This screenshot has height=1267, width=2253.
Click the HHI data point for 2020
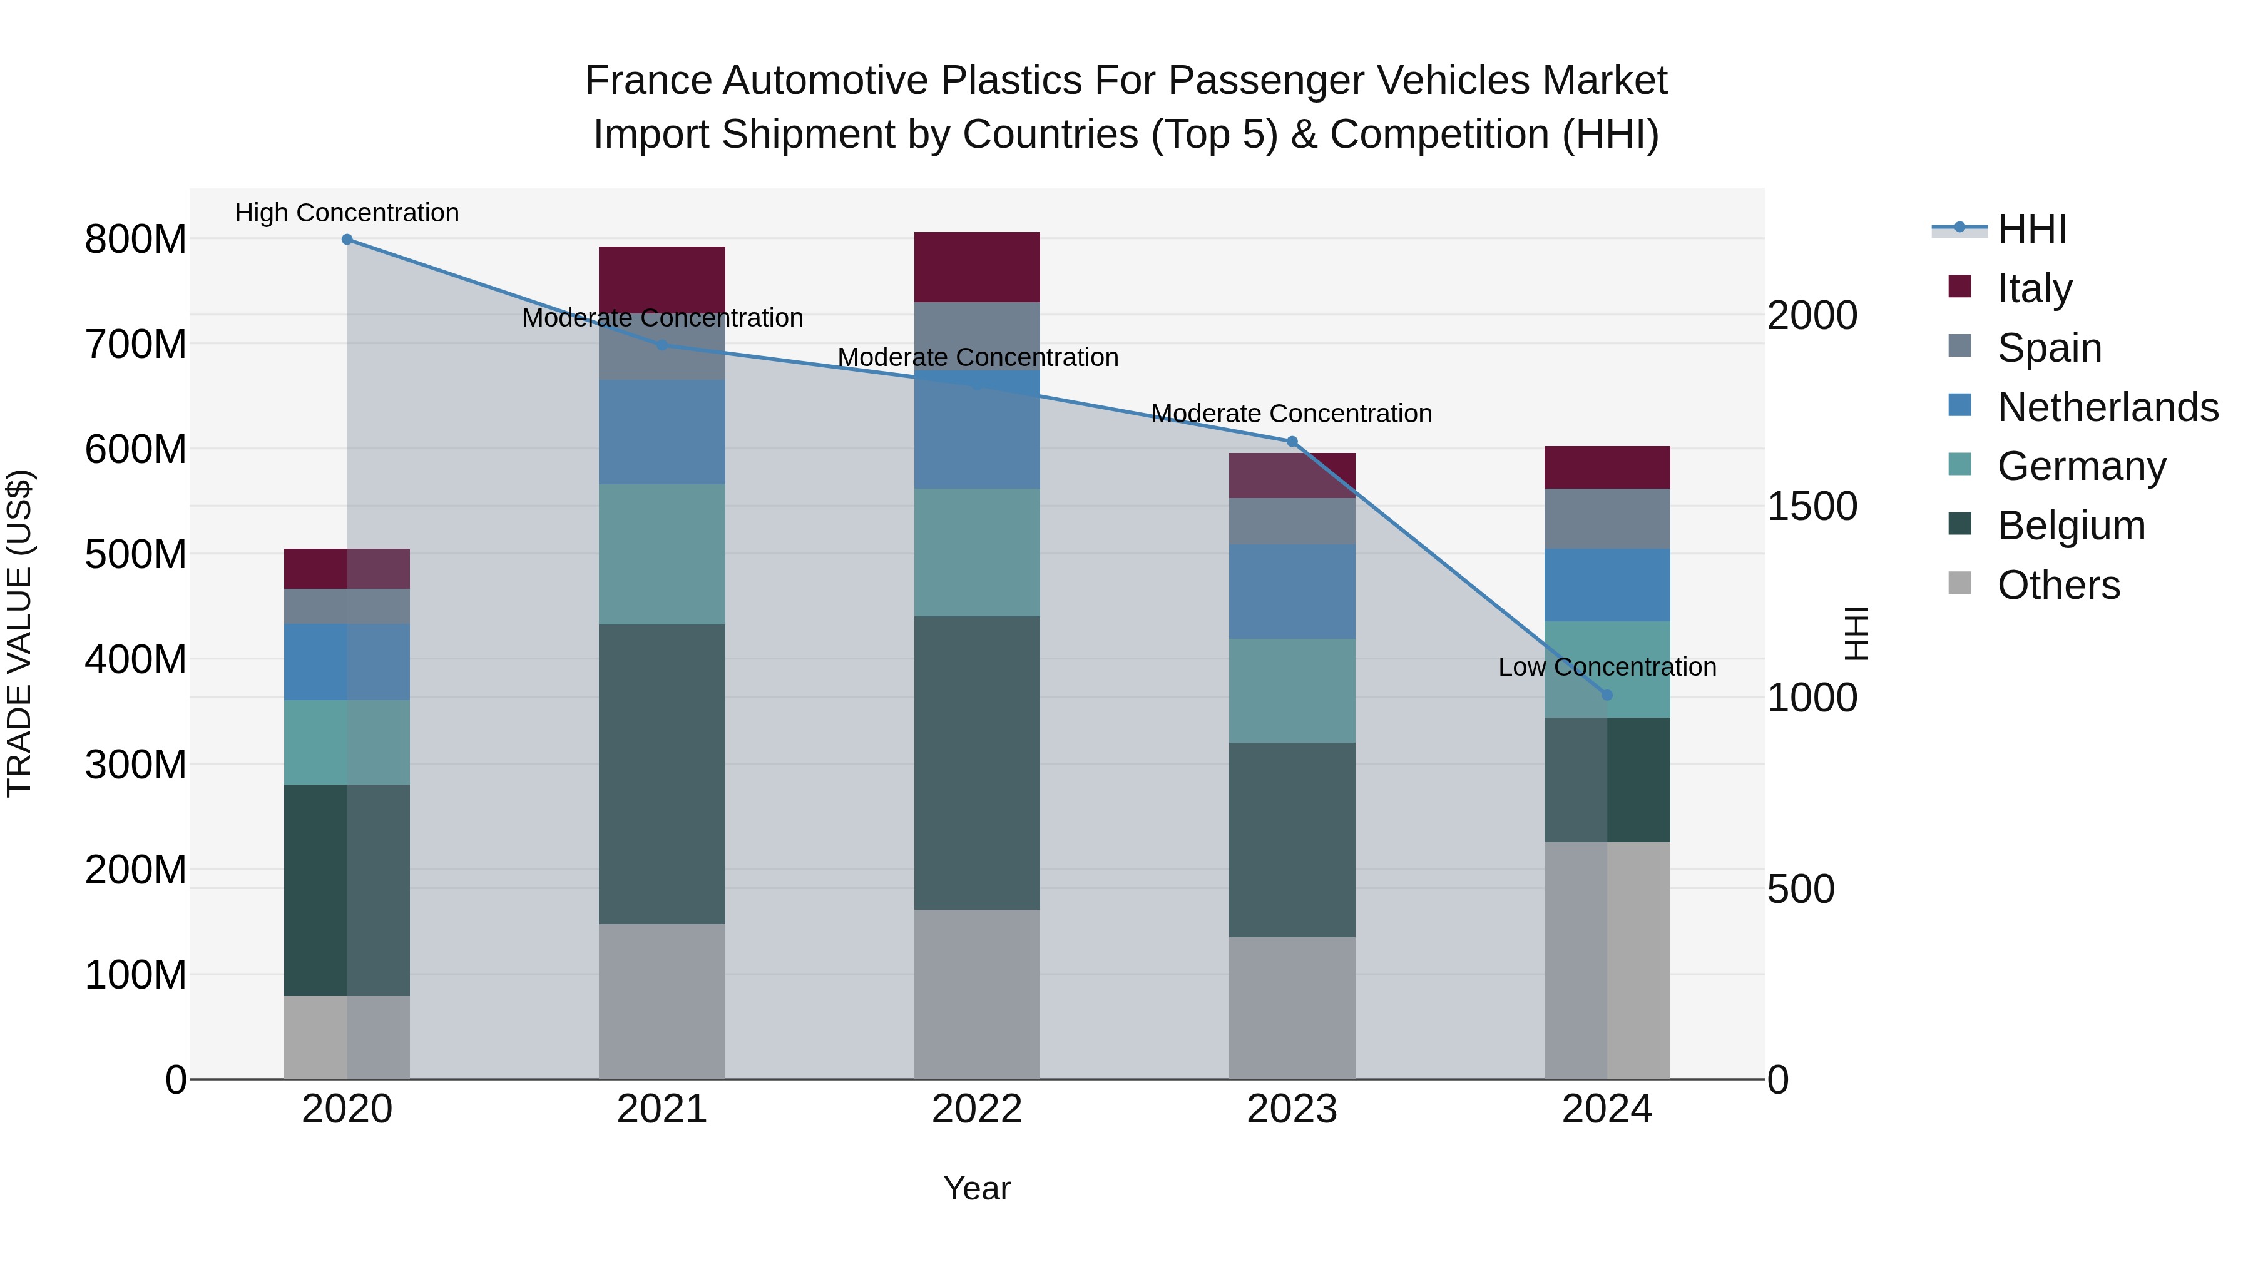(x=347, y=239)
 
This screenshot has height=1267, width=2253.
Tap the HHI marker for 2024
(x=1607, y=695)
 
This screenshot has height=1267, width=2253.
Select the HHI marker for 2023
(x=1292, y=442)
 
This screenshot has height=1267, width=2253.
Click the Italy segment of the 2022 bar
(x=977, y=267)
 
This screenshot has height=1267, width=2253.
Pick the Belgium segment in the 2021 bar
(x=662, y=774)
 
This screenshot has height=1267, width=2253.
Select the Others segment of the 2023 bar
(x=1292, y=1007)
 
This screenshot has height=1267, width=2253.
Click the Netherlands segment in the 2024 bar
(x=1607, y=585)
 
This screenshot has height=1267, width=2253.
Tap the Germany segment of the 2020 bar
(x=347, y=741)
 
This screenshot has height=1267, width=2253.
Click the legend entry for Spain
(x=2049, y=348)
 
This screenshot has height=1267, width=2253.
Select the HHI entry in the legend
(x=2031, y=229)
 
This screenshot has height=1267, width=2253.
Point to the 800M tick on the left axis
(x=136, y=239)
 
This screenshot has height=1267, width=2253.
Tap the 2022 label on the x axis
(x=977, y=1109)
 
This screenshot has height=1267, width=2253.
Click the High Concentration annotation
(x=347, y=213)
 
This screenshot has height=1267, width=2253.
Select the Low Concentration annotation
(x=1607, y=667)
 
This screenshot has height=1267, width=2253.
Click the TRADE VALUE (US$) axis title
(x=19, y=633)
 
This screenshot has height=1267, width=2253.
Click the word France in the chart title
(x=648, y=81)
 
